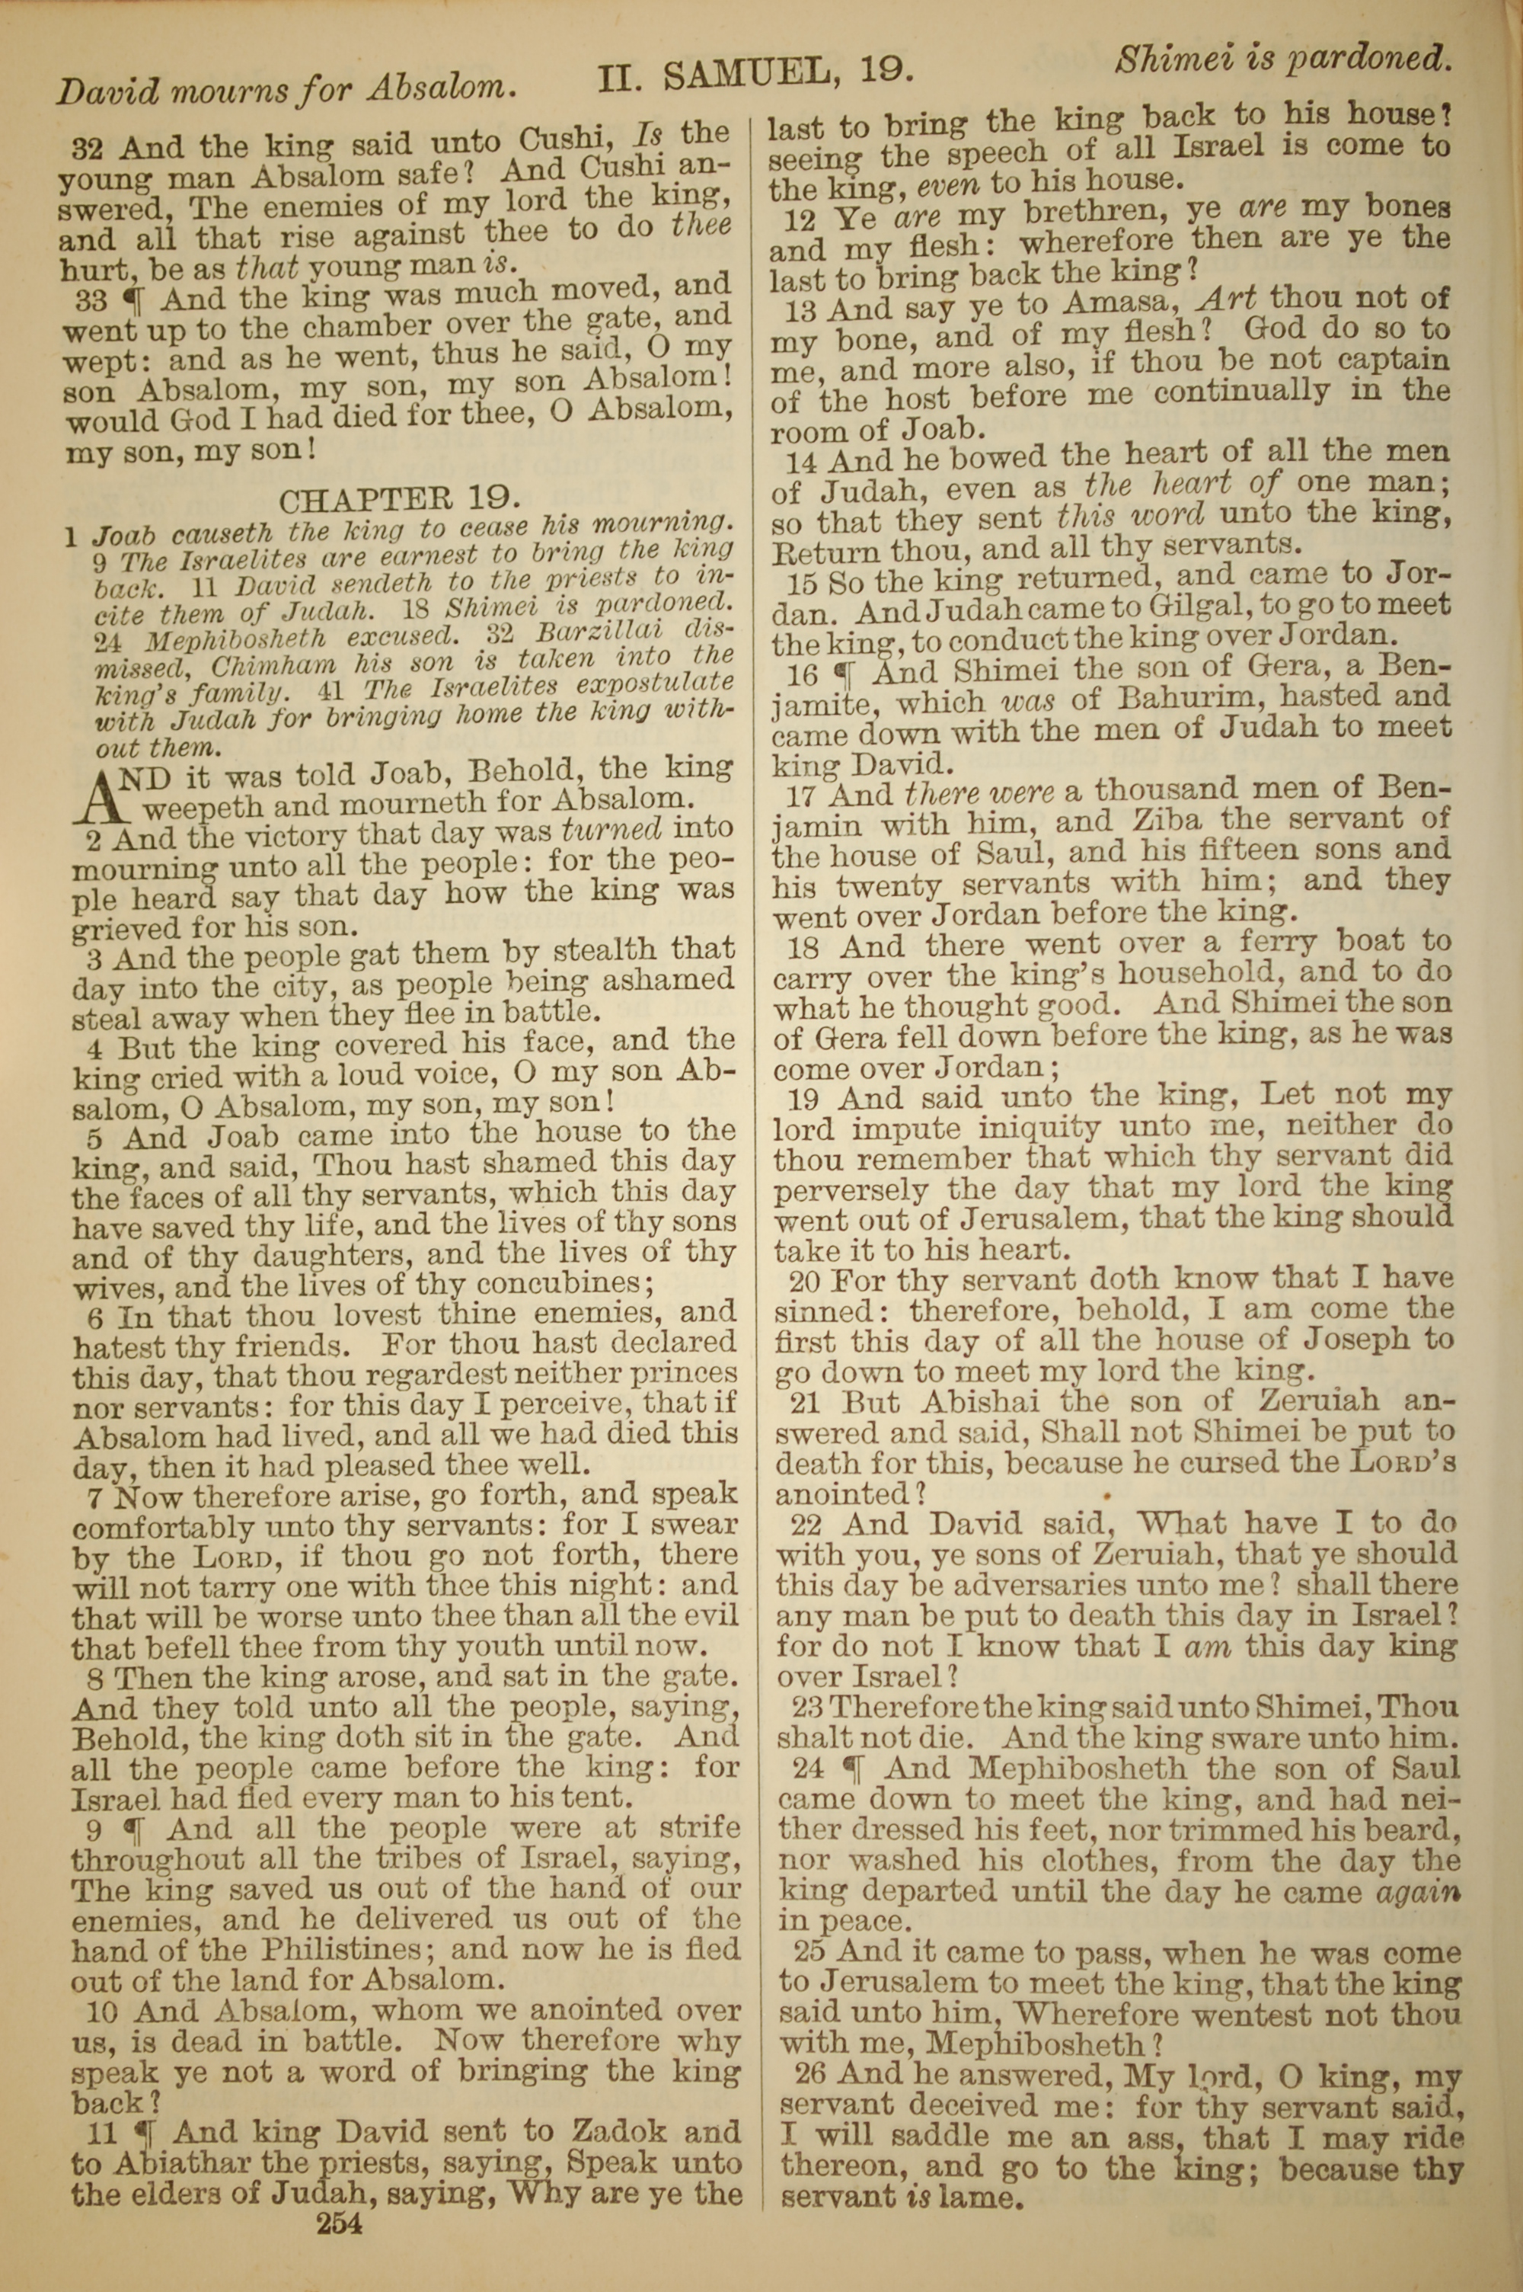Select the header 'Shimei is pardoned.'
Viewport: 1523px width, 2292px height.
tap(1283, 60)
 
